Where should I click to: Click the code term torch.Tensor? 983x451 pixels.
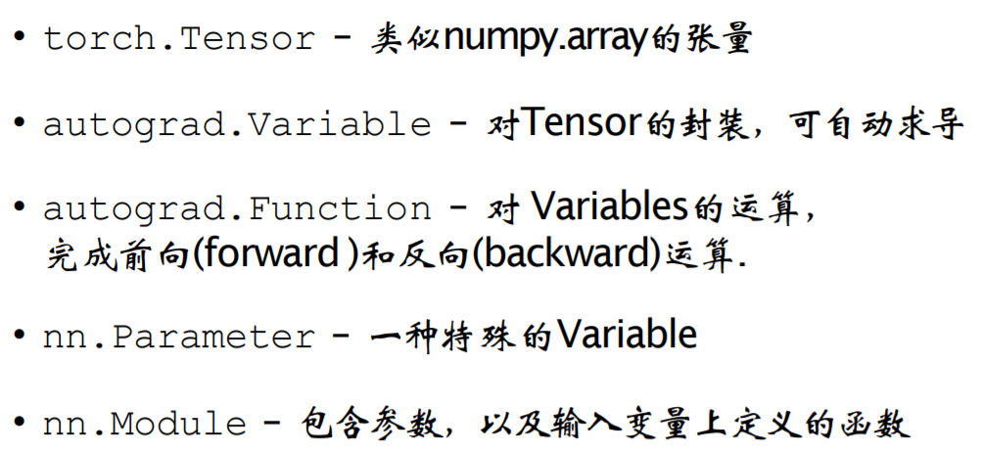178,39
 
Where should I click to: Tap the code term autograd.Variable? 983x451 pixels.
236,124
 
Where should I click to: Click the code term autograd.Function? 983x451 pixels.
236,208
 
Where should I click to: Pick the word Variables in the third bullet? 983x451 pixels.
607,207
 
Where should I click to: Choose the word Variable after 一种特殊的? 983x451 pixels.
627,336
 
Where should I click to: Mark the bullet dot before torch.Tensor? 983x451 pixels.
20,39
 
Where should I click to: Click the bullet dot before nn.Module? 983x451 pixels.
20,424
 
